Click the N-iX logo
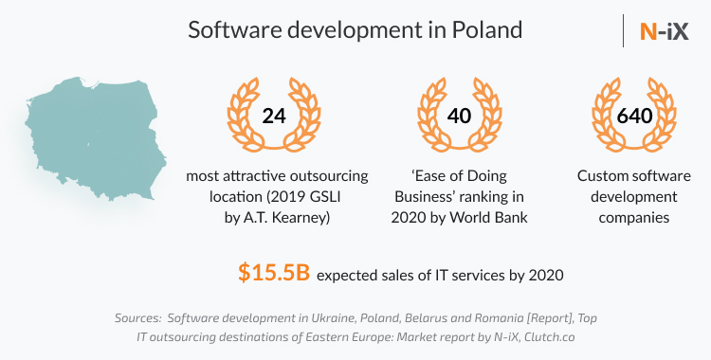point(664,29)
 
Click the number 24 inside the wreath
point(273,117)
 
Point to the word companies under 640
point(628,218)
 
